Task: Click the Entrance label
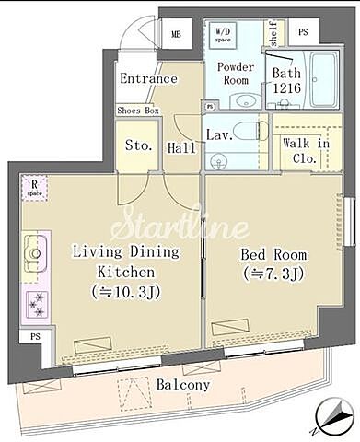tap(148, 78)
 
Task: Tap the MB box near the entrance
tap(176, 35)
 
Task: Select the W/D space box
tap(223, 34)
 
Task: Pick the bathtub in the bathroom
tap(325, 80)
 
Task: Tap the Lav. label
tap(218, 135)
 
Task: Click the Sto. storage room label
tap(138, 145)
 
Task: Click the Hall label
tap(180, 147)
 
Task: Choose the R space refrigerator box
tap(34, 188)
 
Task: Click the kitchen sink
tap(34, 250)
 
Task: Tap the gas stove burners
tap(37, 301)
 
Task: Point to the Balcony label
tap(182, 385)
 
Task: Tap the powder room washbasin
tap(241, 100)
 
